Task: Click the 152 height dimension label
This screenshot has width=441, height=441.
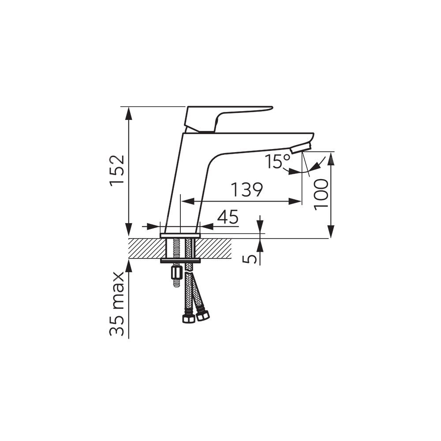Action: pos(117,170)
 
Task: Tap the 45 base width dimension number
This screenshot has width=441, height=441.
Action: pos(228,217)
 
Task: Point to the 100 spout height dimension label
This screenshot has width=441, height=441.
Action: pos(321,194)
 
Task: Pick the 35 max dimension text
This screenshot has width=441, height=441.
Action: pos(117,303)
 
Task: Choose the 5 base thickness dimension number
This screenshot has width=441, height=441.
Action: pos(250,259)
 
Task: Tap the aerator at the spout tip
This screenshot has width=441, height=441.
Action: pos(301,148)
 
